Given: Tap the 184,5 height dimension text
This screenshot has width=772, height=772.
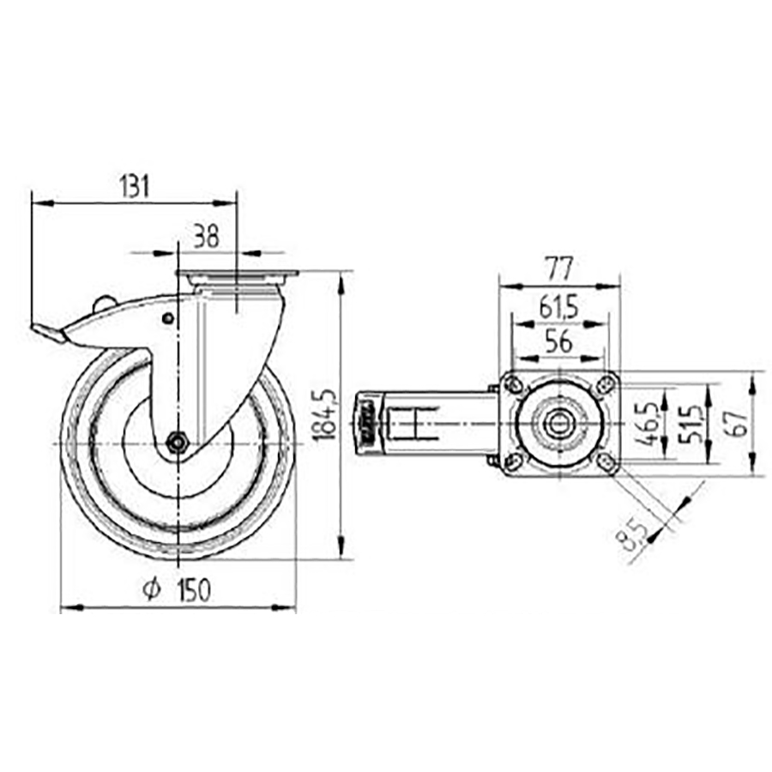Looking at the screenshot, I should coord(323,415).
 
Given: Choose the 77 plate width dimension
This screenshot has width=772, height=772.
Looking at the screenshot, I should coord(559,268).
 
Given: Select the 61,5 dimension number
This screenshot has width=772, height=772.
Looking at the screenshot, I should coord(559,306).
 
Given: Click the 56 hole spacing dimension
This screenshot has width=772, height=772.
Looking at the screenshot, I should coord(559,341).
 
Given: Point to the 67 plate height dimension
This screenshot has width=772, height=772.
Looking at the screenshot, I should coord(734,419).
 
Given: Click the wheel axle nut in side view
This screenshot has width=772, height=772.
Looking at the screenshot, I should coord(177,443).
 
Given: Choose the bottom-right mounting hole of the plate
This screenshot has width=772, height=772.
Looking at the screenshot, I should coord(606,463).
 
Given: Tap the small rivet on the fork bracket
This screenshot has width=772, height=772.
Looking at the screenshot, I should coord(167,319).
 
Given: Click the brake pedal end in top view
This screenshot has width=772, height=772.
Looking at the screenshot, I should coord(366,422).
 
